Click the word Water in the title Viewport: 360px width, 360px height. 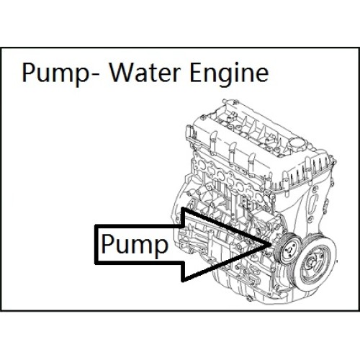144,72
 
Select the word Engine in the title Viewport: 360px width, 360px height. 229,74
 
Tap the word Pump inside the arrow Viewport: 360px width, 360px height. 135,246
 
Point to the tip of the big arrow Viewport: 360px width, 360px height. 271,244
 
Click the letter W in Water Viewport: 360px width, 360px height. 122,72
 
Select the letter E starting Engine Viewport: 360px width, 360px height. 195,72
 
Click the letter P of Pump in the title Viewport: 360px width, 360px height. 28,72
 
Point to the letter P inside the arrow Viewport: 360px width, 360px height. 107,244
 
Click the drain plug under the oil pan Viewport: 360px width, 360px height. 251,299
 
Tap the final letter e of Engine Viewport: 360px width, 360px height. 261,75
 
